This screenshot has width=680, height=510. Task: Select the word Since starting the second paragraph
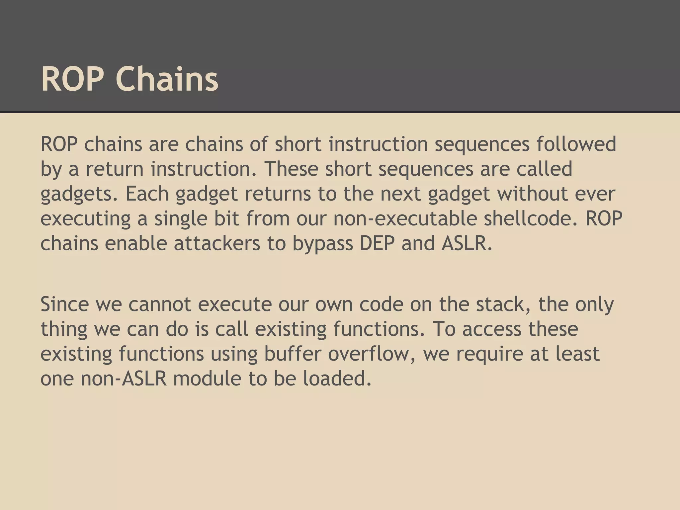65,304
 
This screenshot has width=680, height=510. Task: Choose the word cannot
160,304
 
